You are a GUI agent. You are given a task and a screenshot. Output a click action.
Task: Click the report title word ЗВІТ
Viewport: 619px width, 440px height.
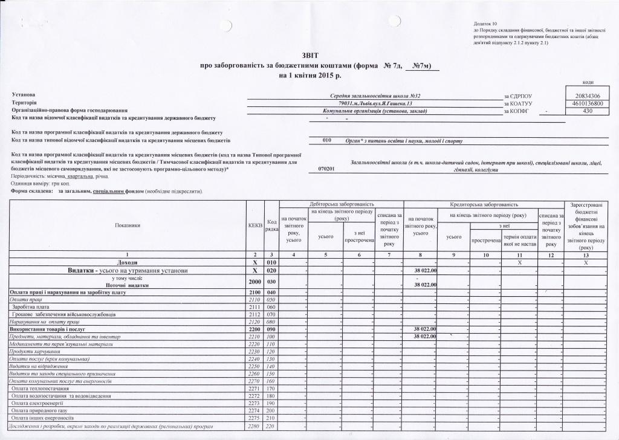point(309,54)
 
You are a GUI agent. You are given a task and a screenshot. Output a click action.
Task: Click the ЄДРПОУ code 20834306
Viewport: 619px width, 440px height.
point(586,95)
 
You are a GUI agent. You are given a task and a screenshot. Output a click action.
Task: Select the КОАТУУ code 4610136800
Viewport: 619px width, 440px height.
point(586,103)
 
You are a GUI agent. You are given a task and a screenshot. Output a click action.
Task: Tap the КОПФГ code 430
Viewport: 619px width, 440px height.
point(586,111)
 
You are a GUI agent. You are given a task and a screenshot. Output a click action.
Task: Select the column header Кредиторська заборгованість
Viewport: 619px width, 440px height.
point(482,205)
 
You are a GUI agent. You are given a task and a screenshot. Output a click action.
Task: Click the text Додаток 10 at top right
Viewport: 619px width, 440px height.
point(487,23)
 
